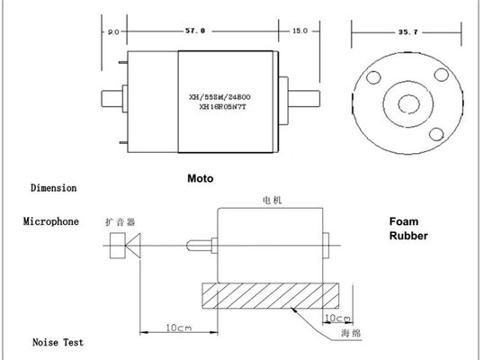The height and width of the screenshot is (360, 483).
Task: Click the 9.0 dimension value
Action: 113,32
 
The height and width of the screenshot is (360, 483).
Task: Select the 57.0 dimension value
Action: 195,31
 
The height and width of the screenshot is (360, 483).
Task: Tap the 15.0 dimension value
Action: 300,31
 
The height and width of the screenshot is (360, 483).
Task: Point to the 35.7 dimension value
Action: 407,32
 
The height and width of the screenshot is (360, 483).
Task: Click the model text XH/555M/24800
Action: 219,97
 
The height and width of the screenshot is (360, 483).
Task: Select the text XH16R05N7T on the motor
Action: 222,107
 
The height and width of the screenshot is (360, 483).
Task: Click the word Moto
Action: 201,178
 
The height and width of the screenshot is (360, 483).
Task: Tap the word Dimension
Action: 54,188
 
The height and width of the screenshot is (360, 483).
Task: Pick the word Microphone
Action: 51,221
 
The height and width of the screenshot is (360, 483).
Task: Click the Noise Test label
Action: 58,342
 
